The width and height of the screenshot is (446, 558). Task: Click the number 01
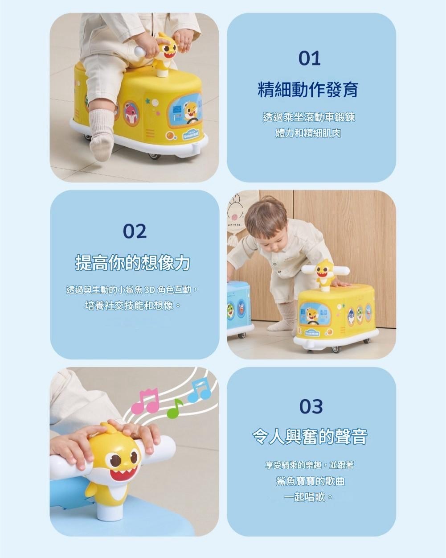[310, 58]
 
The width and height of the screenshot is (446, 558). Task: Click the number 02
[135, 231]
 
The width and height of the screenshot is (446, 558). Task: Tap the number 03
[311, 406]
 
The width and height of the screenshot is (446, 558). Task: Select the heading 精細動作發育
[308, 90]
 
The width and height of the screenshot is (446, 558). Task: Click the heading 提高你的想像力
[133, 263]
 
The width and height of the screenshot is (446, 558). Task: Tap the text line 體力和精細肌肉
[308, 133]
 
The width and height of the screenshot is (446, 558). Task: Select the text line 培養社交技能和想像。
[133, 306]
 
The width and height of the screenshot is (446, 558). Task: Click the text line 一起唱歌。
[308, 497]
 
